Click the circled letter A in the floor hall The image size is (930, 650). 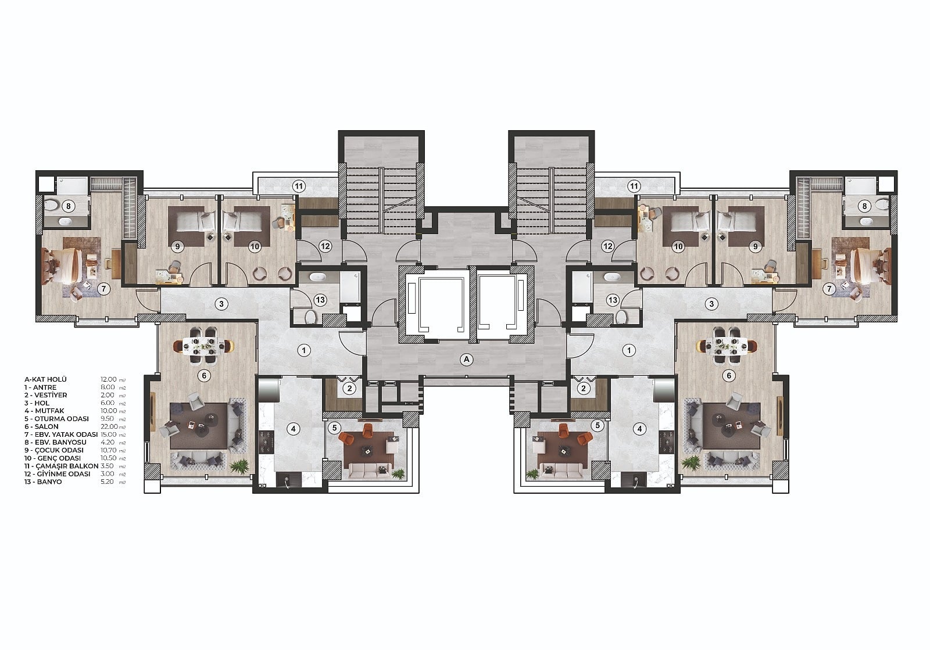coord(466,359)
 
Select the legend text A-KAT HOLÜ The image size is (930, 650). coord(45,379)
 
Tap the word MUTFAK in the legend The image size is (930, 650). coord(49,411)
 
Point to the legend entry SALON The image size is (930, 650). coord(46,426)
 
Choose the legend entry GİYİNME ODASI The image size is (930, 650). coord(63,474)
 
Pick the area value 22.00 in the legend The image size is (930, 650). coord(109,426)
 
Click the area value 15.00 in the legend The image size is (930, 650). coord(109,434)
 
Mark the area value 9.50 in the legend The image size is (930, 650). coord(107,419)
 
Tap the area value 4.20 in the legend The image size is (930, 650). coord(108,442)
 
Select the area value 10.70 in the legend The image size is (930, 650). coord(109,450)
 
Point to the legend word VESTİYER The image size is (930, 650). coord(51,395)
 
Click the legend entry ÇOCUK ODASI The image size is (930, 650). coord(59,450)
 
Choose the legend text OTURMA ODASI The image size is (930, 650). coord(62,419)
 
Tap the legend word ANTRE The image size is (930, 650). coord(45,387)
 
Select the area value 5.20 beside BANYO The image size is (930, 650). coord(108,482)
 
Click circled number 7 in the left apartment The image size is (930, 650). coord(103,289)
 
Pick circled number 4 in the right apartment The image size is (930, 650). coord(639,429)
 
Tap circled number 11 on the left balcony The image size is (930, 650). coord(299,186)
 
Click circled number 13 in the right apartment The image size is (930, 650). coord(613,300)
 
